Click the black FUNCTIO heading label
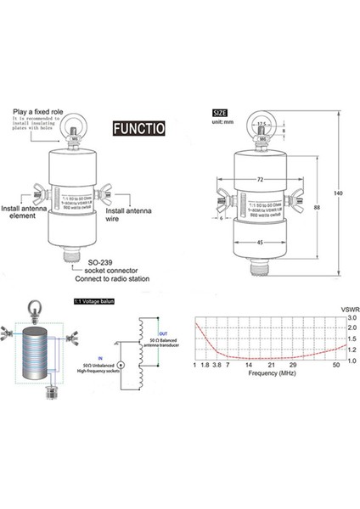click(x=138, y=129)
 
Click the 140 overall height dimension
click(x=340, y=194)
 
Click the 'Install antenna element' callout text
click(x=24, y=210)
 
